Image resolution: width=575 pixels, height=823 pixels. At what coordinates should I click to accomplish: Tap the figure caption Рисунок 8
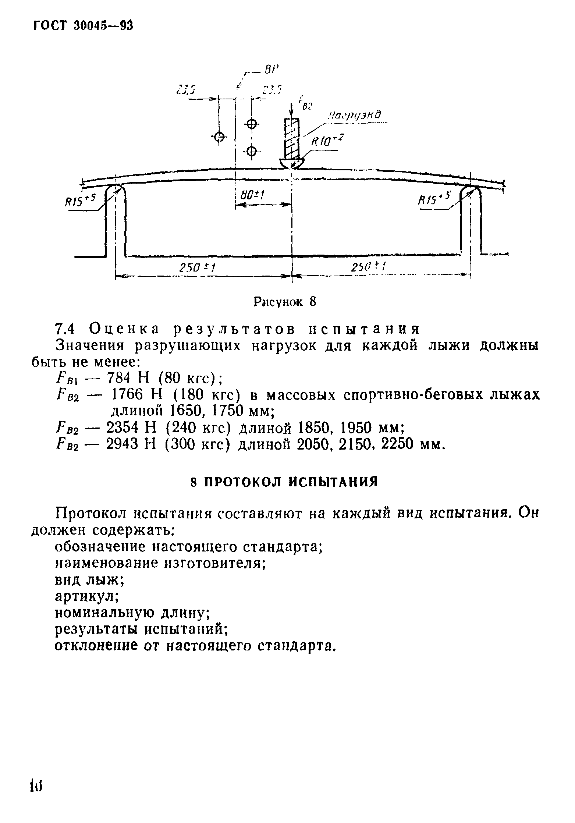click(285, 302)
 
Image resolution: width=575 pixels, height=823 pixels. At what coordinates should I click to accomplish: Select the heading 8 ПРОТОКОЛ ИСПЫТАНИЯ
click(285, 482)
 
